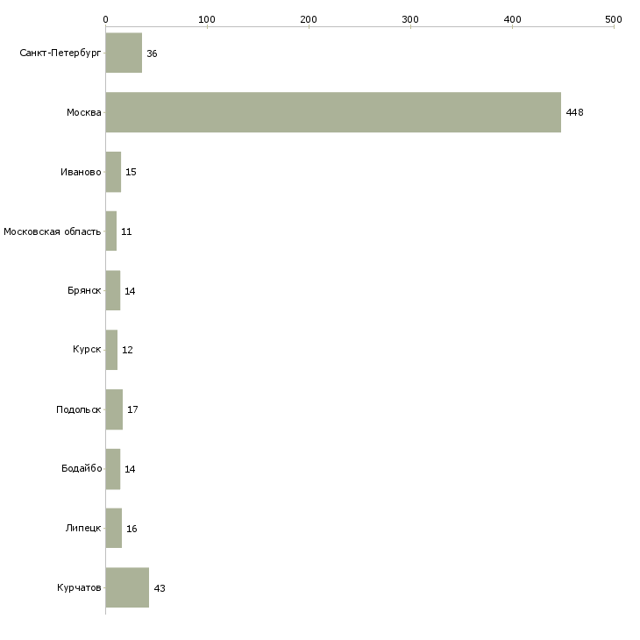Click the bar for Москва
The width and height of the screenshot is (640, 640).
[x=333, y=112]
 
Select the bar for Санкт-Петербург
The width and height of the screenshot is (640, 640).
[x=124, y=53]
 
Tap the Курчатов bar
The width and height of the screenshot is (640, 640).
[x=127, y=587]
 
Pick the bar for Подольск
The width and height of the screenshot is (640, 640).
[x=114, y=409]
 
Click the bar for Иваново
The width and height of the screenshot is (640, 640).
[x=113, y=172]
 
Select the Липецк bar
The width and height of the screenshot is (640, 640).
[x=114, y=529]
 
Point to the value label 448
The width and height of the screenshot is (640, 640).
[x=574, y=112]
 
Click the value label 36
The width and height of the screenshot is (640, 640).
[x=152, y=53]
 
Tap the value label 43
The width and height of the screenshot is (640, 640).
[x=159, y=588]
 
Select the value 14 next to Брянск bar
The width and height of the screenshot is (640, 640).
[x=130, y=291]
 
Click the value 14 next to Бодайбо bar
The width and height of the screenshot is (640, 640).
[x=130, y=469]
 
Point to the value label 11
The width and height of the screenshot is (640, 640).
[x=126, y=231]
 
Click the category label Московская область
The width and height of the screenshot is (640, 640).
[x=52, y=231]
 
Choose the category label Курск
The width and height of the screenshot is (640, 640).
[x=87, y=350]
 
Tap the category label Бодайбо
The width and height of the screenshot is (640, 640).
[x=82, y=469]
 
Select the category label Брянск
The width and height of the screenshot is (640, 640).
[x=83, y=291]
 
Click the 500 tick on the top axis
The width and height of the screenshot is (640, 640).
[x=614, y=18]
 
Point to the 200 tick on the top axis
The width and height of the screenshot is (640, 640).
[x=309, y=18]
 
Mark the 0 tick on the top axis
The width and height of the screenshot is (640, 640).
[x=105, y=18]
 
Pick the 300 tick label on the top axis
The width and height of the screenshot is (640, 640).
[x=410, y=18]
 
